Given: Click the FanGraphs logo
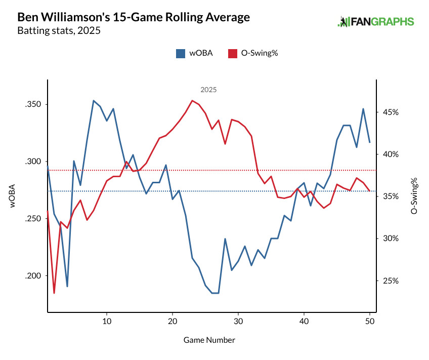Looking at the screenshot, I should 375,22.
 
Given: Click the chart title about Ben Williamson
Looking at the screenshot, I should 134,17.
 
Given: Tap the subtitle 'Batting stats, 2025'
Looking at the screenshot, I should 59,31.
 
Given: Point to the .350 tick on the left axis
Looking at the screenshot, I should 33,105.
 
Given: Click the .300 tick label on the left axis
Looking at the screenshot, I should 33,162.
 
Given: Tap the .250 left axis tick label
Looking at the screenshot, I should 33,219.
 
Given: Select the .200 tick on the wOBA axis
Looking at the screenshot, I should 33,276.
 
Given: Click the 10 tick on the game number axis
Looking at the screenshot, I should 106,322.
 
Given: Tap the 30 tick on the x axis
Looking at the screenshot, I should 238,322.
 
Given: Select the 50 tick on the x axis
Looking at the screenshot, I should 369,322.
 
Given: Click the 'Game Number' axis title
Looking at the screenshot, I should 209,340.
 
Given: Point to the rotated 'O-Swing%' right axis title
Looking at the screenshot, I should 414,195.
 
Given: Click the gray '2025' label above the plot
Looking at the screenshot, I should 208,90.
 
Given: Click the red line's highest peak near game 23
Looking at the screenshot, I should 192,100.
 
